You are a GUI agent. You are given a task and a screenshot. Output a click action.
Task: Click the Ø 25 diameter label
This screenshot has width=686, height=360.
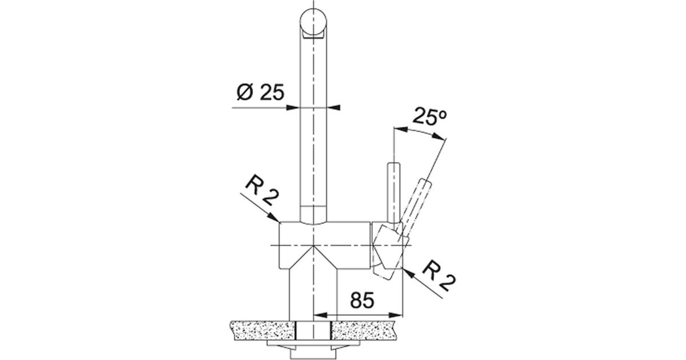[x=260, y=92]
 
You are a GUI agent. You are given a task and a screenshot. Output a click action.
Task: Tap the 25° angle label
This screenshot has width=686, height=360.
[x=429, y=117]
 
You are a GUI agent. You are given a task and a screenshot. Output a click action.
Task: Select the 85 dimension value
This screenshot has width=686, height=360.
[x=362, y=300]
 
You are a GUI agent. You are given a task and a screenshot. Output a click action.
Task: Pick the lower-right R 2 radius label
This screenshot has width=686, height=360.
[x=439, y=276]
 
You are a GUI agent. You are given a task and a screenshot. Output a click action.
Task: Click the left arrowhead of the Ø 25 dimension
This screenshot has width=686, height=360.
[x=293, y=108]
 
